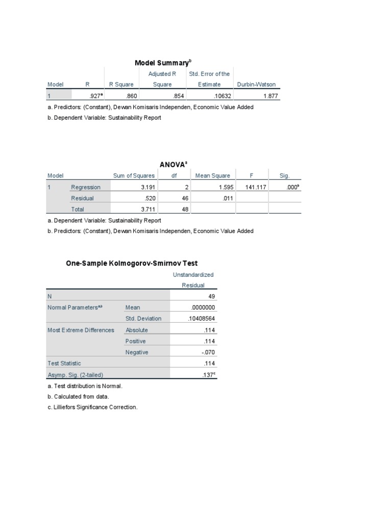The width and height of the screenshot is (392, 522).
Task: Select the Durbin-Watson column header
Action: pos(256,85)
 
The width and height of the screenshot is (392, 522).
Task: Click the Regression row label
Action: pos(86,187)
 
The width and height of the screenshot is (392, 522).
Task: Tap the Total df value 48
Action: pos(185,209)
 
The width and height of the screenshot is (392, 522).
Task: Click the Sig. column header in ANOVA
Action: pos(284,176)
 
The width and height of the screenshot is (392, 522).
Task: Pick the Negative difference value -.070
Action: pos(208,352)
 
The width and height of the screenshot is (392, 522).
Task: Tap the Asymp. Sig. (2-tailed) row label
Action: pos(75,375)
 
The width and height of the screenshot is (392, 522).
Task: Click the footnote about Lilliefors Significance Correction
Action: pos(92,408)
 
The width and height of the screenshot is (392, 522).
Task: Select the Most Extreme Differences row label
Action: pos(81,330)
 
